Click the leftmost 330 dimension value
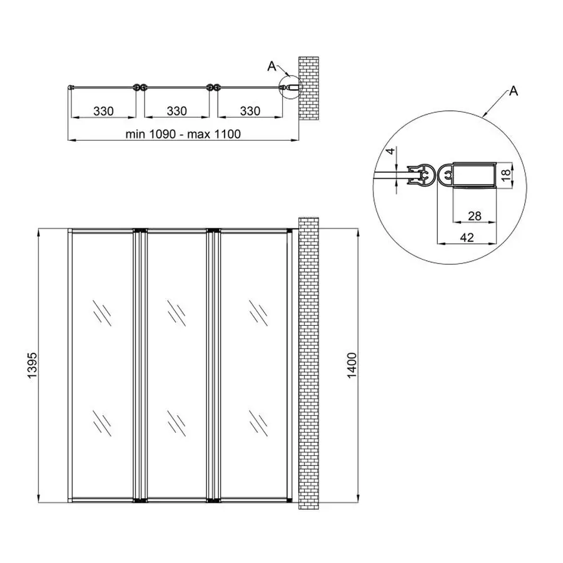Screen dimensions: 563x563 point(103,111)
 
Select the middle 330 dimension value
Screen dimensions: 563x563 point(177,111)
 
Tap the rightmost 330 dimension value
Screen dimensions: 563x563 point(249,111)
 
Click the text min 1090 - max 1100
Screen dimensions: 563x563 point(183,133)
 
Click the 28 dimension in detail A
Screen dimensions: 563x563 point(474,216)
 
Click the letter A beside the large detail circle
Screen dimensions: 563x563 point(513,92)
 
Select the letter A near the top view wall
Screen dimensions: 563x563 point(271,64)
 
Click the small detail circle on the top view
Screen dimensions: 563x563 point(289,88)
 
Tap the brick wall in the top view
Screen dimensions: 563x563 point(308,88)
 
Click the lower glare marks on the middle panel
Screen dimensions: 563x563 point(175,422)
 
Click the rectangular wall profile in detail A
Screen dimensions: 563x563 point(474,175)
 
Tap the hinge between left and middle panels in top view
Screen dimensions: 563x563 point(140,88)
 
